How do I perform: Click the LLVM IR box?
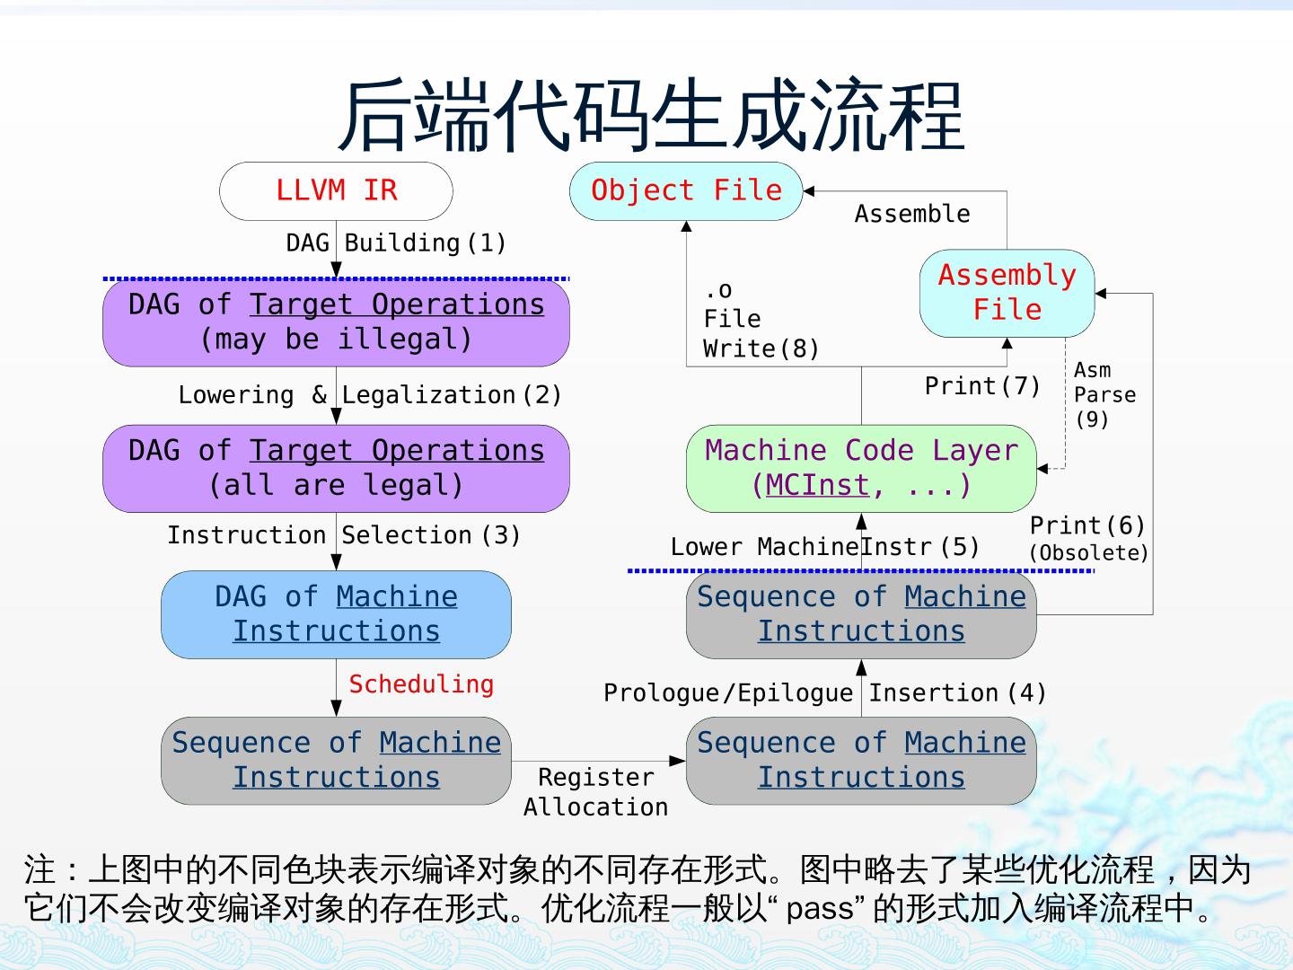point(336,190)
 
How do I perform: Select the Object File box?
point(686,190)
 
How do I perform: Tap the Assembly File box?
point(1007,293)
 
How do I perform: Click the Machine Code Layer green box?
point(861,468)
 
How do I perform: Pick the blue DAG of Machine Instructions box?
point(336,614)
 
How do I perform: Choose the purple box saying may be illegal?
point(336,322)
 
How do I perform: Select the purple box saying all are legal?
point(336,468)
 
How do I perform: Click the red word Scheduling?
point(421,684)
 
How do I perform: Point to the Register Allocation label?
point(596,791)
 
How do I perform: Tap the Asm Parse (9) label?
point(1104,394)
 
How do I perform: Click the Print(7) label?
point(982,386)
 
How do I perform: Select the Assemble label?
point(912,214)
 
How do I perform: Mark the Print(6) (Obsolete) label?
point(1088,538)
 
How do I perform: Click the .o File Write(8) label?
point(760,319)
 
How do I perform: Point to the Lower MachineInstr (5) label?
point(824,547)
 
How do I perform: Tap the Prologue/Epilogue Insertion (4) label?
point(824,693)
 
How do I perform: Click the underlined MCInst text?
point(817,485)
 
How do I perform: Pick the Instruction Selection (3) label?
point(344,535)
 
